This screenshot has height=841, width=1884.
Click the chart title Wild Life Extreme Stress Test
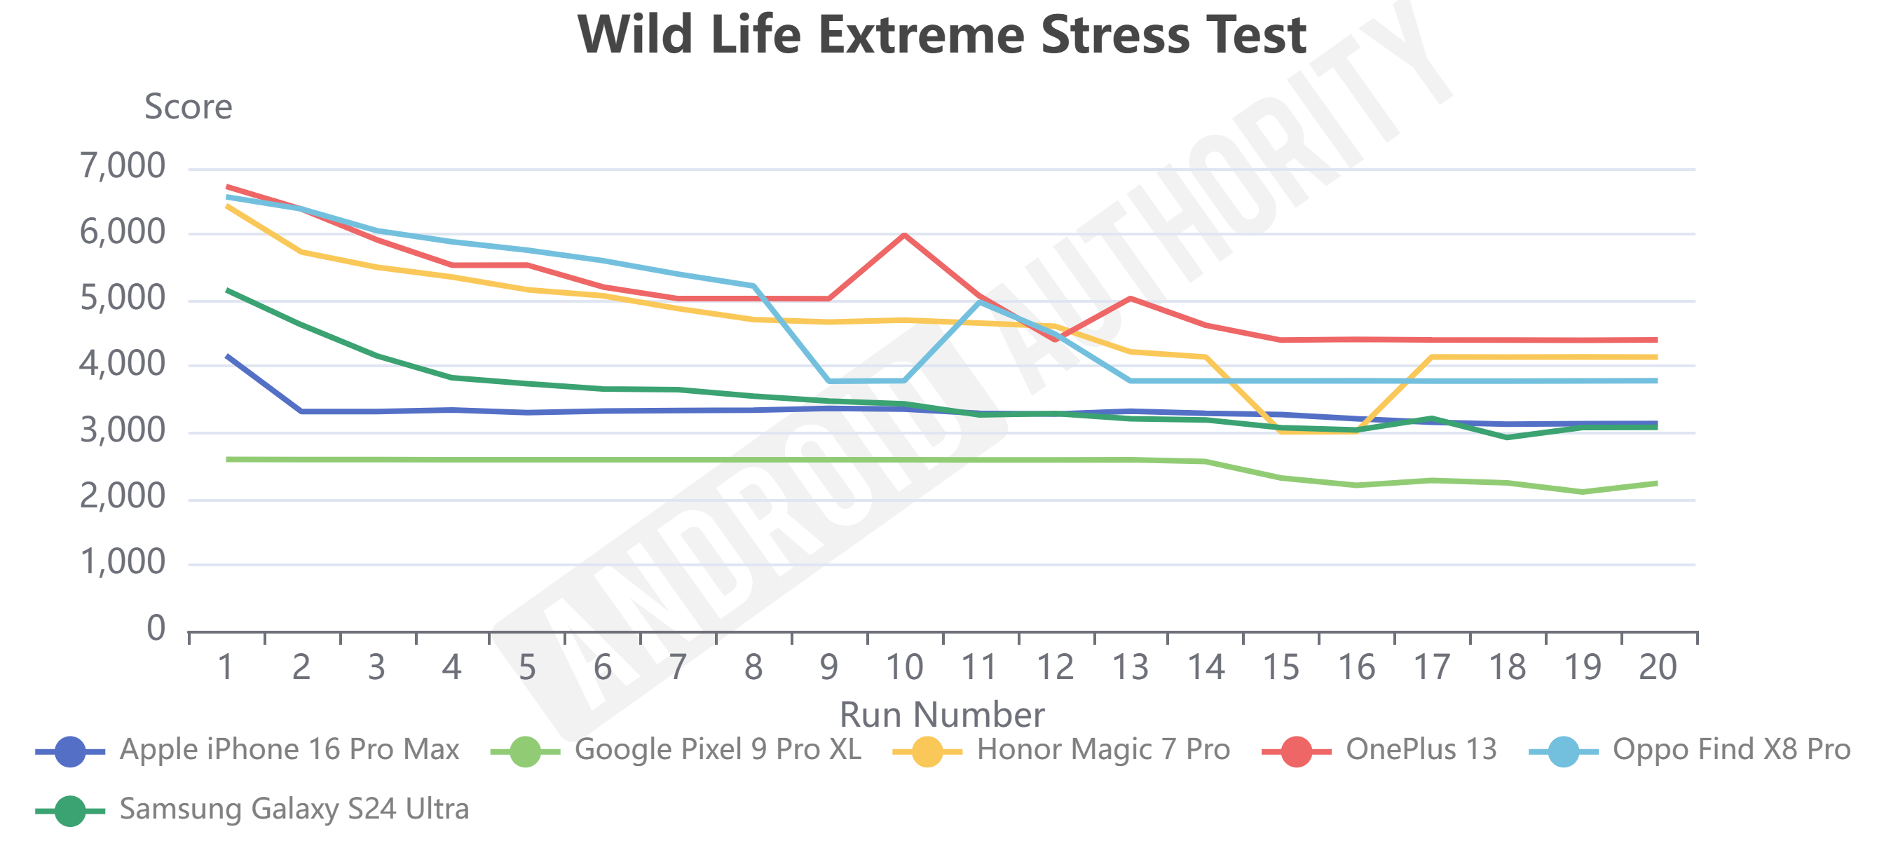pyautogui.click(x=941, y=35)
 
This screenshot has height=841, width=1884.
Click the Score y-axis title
pyautogui.click(x=188, y=107)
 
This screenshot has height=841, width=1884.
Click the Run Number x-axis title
pyautogui.click(x=941, y=714)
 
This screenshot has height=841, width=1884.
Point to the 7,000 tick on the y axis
pyautogui.click(x=123, y=166)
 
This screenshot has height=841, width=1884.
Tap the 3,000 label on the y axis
pyautogui.click(x=123, y=431)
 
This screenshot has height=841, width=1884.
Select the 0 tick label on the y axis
pyautogui.click(x=156, y=628)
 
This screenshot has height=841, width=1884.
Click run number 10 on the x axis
pyautogui.click(x=904, y=667)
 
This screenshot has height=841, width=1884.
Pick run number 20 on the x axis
pyautogui.click(x=1658, y=667)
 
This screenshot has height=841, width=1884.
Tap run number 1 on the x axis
pyautogui.click(x=226, y=667)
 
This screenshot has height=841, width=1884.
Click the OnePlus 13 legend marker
pyautogui.click(x=1296, y=752)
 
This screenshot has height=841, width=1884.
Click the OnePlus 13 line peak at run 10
pyautogui.click(x=905, y=235)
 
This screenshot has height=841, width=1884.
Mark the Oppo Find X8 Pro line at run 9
pyautogui.click(x=829, y=381)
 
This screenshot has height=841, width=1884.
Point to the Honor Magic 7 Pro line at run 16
pyautogui.click(x=1357, y=432)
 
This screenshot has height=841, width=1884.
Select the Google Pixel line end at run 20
pyautogui.click(x=1656, y=483)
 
